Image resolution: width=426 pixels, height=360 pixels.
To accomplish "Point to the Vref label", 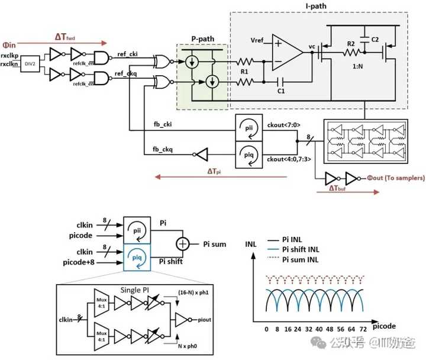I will click(257, 41).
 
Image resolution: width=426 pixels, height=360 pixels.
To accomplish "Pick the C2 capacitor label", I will click(375, 39).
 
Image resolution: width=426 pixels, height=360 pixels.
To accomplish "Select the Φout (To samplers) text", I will click(395, 176).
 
